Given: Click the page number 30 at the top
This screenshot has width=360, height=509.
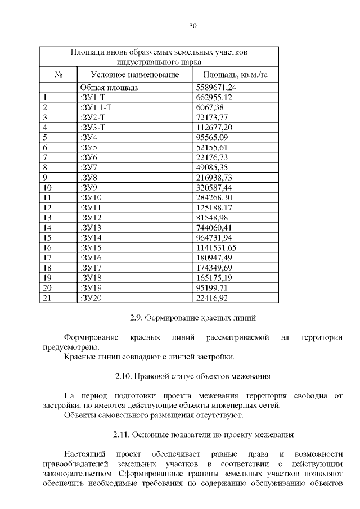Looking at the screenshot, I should click(192, 26).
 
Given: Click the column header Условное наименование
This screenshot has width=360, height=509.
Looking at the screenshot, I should click(135, 74).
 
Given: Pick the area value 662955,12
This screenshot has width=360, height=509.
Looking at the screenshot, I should click(214, 97).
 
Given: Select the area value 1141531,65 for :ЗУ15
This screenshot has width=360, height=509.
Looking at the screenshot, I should click(215, 247).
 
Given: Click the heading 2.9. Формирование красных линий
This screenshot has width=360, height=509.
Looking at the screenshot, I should click(192, 318).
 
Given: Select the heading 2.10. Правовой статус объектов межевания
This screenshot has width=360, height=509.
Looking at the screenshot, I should click(192, 376).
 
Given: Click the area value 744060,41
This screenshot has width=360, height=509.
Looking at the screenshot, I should click(214, 227).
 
